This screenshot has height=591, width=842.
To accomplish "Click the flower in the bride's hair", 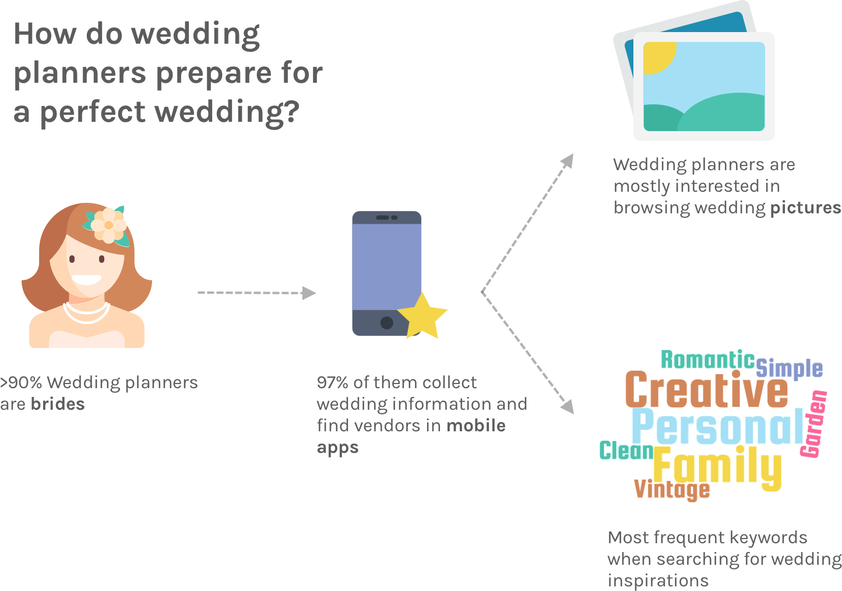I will click(108, 224).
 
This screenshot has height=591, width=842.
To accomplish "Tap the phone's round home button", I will click(386, 322).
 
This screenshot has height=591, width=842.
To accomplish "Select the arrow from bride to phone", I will click(256, 293).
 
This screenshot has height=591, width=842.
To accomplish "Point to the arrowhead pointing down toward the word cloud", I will click(567, 406).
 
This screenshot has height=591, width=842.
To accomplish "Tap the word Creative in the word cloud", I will click(706, 390).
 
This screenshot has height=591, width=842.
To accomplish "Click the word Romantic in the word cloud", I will click(707, 360).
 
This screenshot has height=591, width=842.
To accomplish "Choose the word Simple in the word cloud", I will click(790, 368).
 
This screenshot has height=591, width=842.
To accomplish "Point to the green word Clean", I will click(626, 451).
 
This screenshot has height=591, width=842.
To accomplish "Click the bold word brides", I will click(58, 404).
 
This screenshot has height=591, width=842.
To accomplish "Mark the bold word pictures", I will click(806, 208).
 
